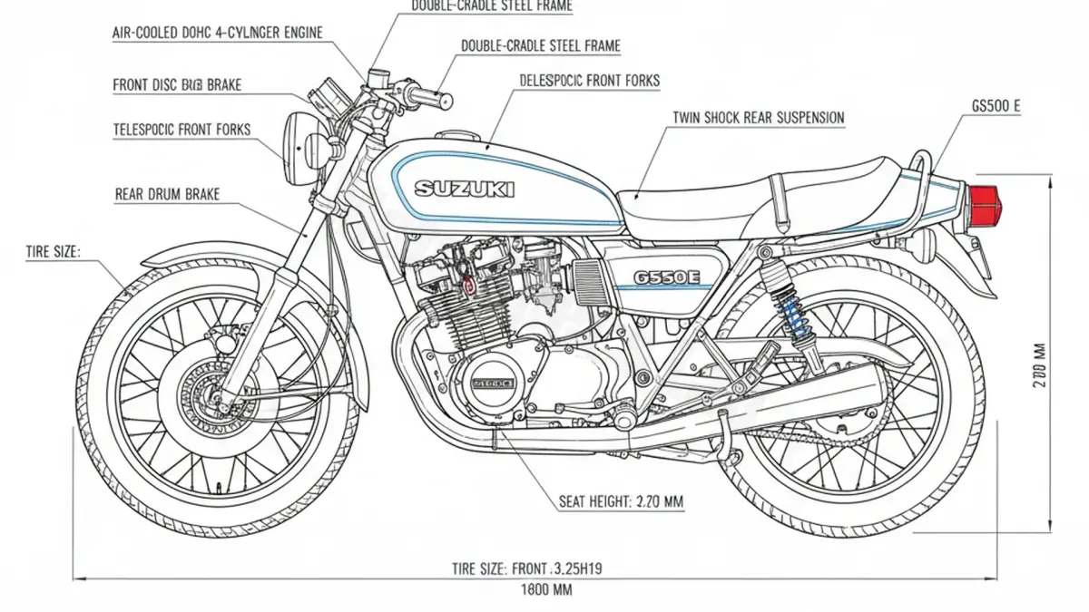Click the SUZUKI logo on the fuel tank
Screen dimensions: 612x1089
point(464,189)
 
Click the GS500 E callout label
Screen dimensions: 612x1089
point(996,106)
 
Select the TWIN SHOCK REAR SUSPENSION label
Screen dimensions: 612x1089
point(758,118)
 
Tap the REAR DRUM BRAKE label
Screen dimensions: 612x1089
point(167,194)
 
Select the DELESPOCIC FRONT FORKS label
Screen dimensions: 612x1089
point(589,81)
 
